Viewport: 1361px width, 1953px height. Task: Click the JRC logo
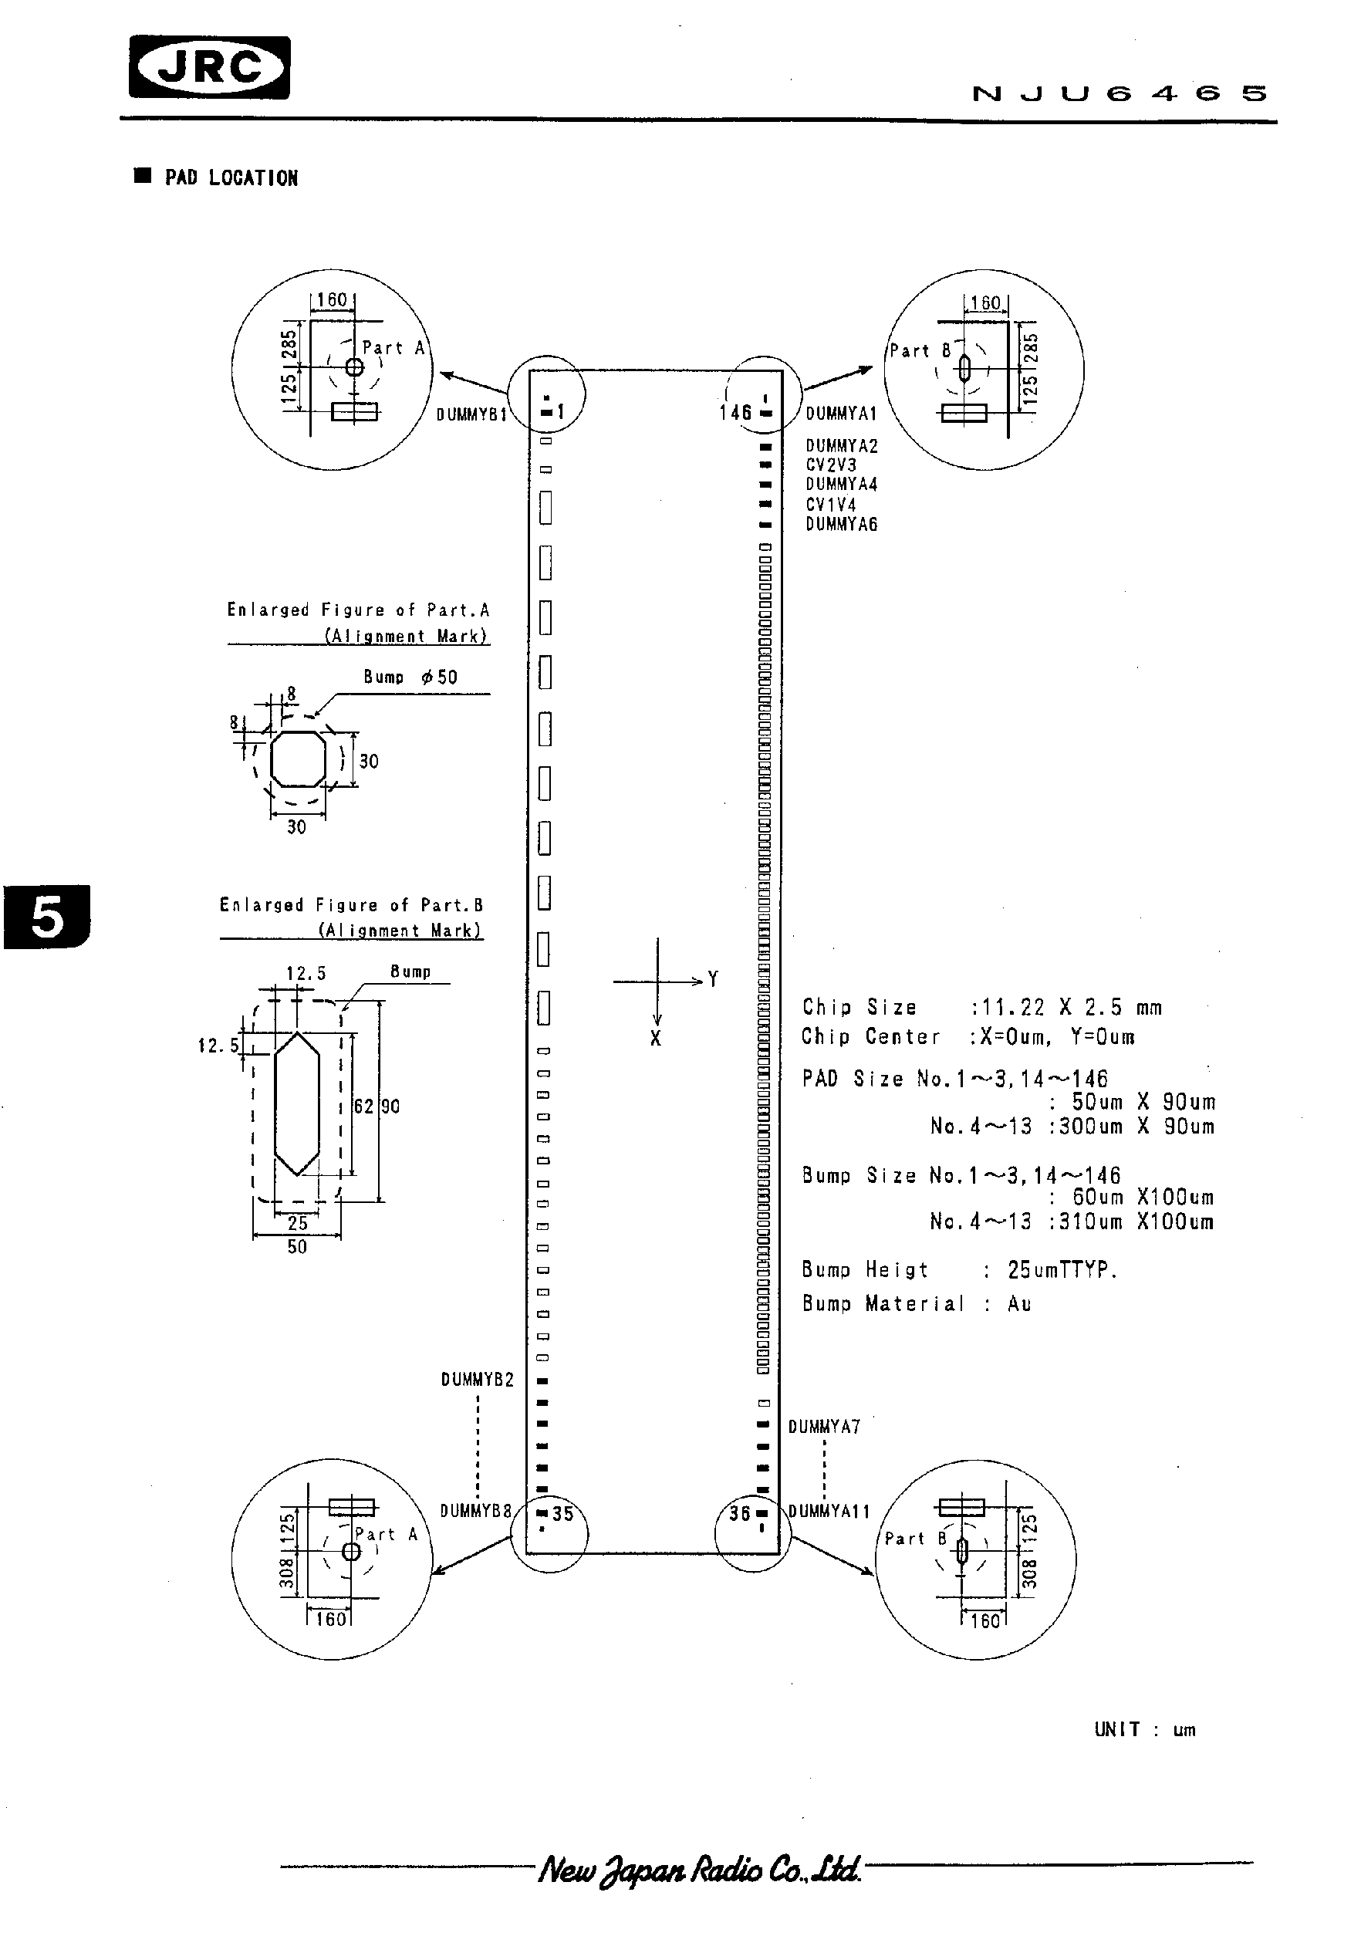209,68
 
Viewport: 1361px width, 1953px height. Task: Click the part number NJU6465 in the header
1119,93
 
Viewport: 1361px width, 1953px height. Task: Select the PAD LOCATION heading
231,177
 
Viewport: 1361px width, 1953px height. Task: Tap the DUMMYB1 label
471,414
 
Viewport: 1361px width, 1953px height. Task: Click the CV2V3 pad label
830,465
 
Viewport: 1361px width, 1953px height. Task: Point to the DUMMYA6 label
840,525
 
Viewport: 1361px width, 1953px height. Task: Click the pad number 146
735,413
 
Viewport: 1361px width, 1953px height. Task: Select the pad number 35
563,1514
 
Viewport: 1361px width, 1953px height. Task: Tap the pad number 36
740,1513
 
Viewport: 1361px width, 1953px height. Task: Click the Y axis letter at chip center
713,979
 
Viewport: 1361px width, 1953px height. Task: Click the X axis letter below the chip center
655,1039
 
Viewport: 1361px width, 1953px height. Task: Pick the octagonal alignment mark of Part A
298,759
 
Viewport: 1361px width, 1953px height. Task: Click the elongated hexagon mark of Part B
297,1103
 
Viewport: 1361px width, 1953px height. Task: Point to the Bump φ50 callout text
410,677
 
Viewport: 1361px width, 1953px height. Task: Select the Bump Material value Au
1018,1304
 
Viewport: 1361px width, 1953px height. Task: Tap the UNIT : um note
1144,1729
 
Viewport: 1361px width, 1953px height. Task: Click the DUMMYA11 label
829,1512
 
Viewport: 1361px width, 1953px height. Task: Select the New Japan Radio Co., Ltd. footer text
699,1870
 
